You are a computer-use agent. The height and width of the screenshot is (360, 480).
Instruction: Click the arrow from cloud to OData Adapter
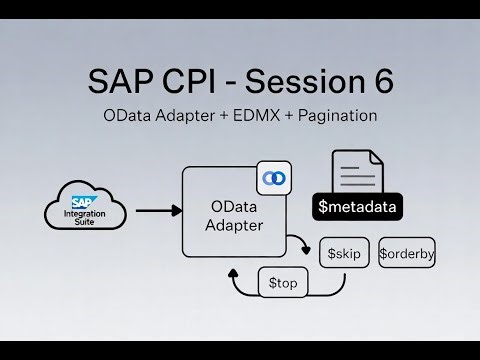pos(156,211)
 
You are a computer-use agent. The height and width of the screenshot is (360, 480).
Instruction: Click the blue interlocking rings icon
pos(272,178)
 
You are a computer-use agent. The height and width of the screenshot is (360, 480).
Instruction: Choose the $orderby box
pos(406,254)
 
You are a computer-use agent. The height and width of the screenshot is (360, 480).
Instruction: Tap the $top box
pos(282,284)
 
